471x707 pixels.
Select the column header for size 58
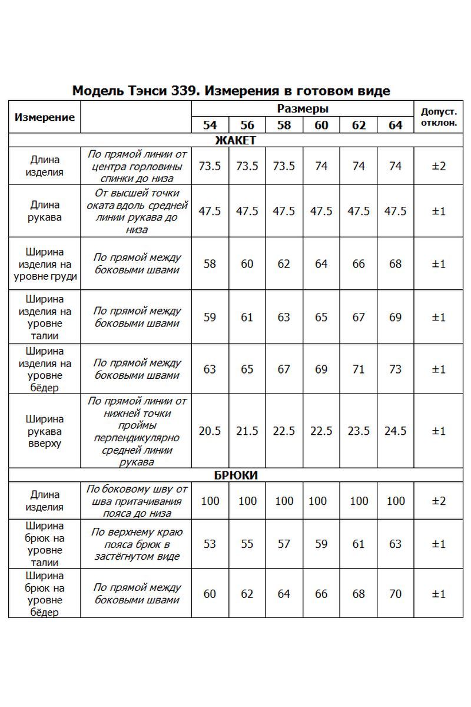(284, 125)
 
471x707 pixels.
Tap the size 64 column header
(396, 125)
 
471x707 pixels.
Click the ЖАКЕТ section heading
(235, 140)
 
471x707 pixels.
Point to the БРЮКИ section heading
(235, 475)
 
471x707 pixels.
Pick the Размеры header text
(303, 109)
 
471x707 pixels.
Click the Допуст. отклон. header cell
(439, 117)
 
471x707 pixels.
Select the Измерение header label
(45, 117)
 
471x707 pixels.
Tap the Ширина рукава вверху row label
(45, 431)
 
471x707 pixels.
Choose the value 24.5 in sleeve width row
(396, 431)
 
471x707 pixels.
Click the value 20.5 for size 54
(210, 431)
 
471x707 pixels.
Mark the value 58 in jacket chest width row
(210, 264)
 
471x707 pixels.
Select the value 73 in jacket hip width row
(396, 369)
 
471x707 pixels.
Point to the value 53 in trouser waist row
(210, 544)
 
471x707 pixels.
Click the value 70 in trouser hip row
(396, 594)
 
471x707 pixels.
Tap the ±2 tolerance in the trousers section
(439, 501)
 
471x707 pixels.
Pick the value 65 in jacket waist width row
(321, 318)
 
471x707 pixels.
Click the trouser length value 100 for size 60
(318, 501)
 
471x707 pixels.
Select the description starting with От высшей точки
(137, 211)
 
